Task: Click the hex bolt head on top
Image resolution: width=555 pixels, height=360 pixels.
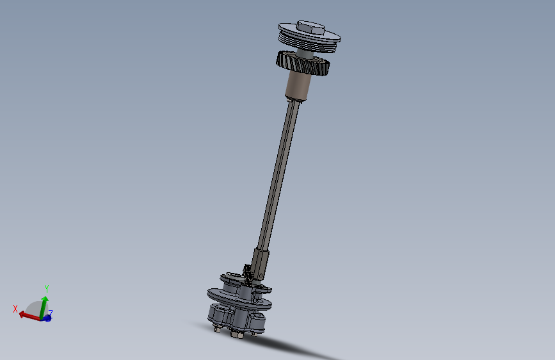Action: click(310, 28)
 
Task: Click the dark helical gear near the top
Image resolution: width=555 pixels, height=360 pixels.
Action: click(302, 63)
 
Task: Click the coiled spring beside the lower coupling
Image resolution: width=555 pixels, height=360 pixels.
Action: click(247, 275)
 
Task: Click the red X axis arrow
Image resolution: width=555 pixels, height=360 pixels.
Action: click(28, 315)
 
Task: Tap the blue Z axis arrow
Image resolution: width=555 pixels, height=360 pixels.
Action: click(48, 316)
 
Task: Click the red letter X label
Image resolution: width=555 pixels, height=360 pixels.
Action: click(15, 309)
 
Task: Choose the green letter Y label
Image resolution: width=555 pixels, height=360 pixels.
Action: click(46, 289)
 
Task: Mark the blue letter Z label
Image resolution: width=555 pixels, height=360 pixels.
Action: click(51, 312)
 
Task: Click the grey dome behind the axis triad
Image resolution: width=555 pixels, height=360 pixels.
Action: click(33, 307)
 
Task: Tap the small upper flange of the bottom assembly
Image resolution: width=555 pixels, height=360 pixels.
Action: click(230, 279)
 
